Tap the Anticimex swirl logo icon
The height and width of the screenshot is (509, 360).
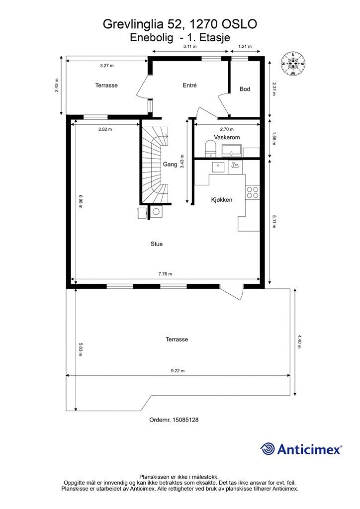click(268, 449)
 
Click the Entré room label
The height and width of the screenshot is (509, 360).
click(189, 85)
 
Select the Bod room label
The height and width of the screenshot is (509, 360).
click(245, 89)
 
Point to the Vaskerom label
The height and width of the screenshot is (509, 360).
click(227, 137)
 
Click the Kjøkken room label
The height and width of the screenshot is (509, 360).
click(222, 200)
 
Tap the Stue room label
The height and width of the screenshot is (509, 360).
click(157, 244)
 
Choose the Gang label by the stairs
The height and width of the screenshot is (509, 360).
click(170, 164)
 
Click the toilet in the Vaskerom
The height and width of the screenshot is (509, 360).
click(211, 148)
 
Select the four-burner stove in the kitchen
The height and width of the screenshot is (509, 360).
click(253, 192)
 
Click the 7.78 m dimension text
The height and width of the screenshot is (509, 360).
click(165, 274)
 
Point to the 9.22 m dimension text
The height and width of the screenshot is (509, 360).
click(178, 371)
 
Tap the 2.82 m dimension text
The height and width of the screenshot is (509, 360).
click(105, 129)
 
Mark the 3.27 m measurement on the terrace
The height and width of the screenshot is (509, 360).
click(107, 66)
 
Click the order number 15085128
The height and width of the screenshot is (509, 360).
click(185, 420)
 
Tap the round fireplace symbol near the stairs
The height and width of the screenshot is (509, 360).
click(156, 212)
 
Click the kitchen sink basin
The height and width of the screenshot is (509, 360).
click(218, 167)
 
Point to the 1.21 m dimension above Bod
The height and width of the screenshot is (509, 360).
click(245, 46)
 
